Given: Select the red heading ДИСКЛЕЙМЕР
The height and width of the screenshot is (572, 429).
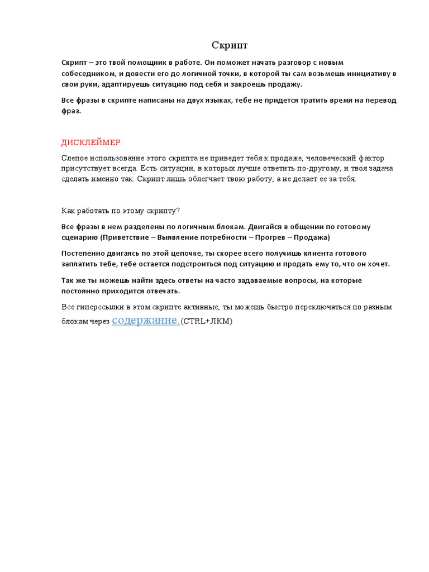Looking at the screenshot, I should click(90, 143).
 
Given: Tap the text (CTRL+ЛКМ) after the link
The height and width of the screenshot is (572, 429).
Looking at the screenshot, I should click(206, 322).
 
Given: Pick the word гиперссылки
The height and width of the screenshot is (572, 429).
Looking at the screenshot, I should click(98, 307).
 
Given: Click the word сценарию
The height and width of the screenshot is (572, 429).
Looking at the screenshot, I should click(79, 237).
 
